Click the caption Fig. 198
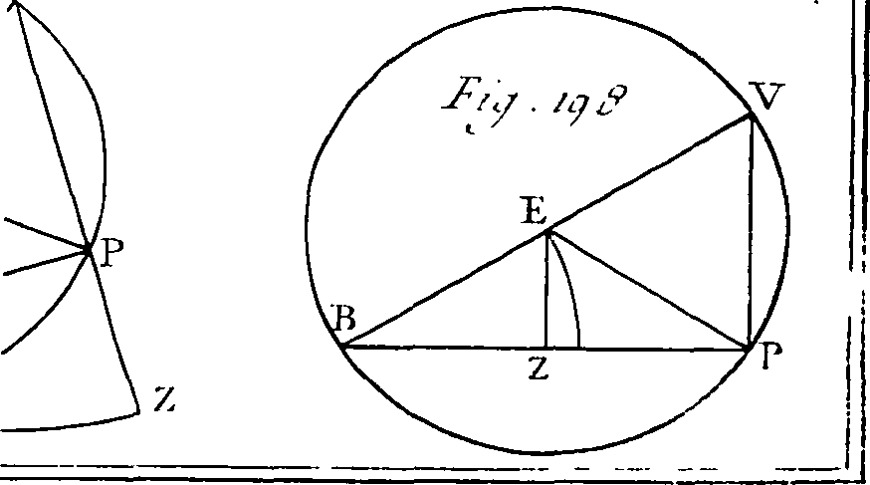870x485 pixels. [x=536, y=106]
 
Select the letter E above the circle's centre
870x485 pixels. [x=535, y=211]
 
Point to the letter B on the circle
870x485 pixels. [x=344, y=318]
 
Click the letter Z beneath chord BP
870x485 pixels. [x=540, y=367]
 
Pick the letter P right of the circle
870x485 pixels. [x=770, y=356]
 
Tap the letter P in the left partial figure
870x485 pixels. [x=111, y=252]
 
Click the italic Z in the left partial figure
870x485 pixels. [x=165, y=398]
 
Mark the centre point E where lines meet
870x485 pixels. [x=548, y=232]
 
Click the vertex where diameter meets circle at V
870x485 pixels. [x=752, y=115]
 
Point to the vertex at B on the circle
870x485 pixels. [x=342, y=347]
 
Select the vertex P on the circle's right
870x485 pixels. [x=749, y=349]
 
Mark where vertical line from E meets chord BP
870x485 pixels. [x=546, y=348]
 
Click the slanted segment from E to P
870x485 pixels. [x=649, y=290]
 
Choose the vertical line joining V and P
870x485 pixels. [x=751, y=232]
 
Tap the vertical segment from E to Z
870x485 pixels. [x=547, y=290]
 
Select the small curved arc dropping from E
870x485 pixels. [x=570, y=289]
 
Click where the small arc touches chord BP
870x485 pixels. [x=579, y=348]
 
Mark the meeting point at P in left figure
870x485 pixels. [x=89, y=251]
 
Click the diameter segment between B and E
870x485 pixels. [x=445, y=290]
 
